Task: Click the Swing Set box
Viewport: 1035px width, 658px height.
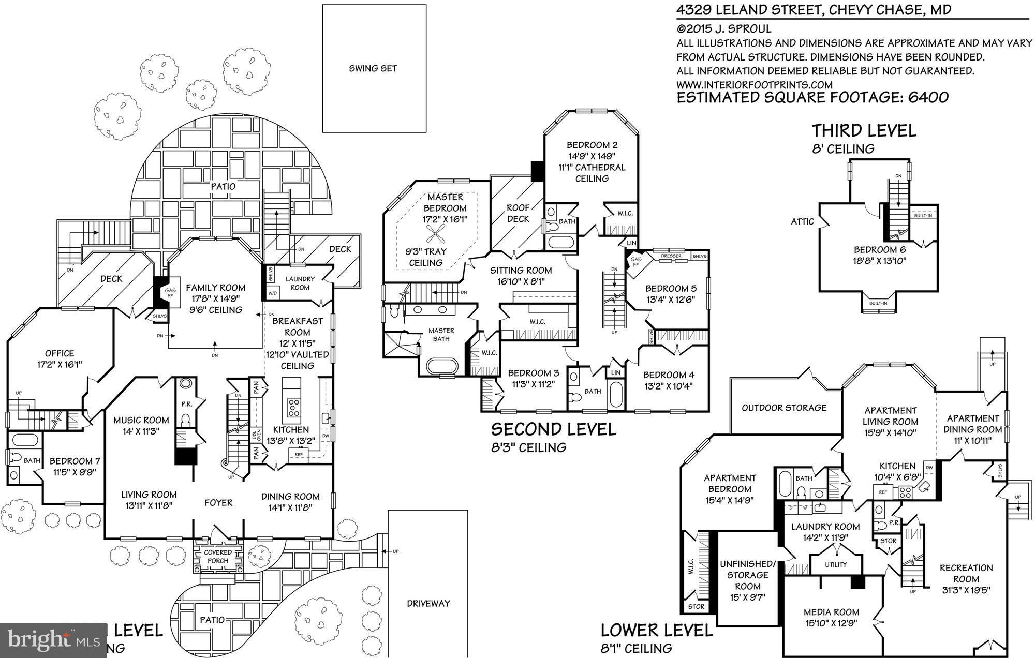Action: click(x=374, y=68)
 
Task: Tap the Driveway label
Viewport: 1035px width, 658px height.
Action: click(x=428, y=603)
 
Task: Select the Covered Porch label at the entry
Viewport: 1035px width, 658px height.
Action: click(x=217, y=557)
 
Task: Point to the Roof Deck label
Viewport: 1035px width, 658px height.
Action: click(x=518, y=213)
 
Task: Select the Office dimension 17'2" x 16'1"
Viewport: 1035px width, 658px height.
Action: click(x=60, y=364)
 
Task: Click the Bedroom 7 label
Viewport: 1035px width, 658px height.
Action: click(x=75, y=461)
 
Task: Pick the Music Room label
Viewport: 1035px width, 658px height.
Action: click(x=141, y=420)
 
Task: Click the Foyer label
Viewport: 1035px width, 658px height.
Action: click(x=218, y=502)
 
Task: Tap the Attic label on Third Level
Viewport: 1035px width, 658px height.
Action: click(x=802, y=221)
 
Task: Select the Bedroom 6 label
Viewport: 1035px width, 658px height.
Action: click(x=879, y=249)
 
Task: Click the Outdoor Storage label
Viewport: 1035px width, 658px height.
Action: click(x=784, y=408)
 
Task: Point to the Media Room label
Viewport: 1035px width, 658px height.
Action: click(x=831, y=612)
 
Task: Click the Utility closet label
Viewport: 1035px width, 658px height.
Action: click(x=836, y=564)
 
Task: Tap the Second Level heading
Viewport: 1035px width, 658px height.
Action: click(x=553, y=429)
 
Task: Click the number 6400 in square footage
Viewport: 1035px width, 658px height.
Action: click(x=928, y=97)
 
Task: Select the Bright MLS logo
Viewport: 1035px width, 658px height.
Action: click(x=53, y=640)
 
